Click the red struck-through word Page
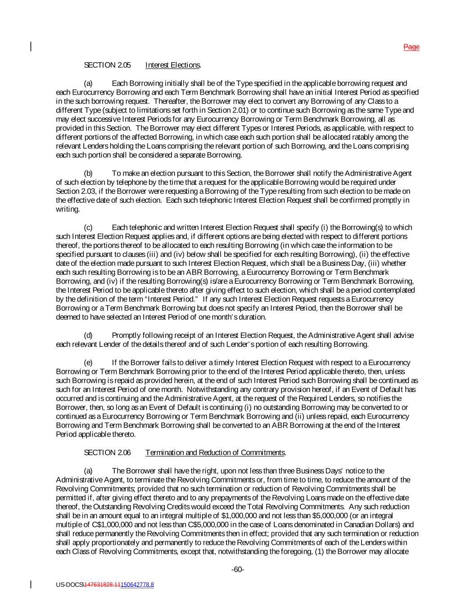coord(412,47)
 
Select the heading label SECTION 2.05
coord(107,65)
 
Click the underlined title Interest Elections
coord(173,65)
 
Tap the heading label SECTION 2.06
coord(107,453)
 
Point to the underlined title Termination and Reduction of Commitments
coord(215,453)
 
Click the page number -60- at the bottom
coord(238,570)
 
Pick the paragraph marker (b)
coord(89,173)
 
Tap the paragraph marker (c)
coord(89,228)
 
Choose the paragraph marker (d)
coord(89,336)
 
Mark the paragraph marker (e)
coord(89,363)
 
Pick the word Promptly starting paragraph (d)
coord(126,336)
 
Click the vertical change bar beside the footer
coord(31,584)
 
